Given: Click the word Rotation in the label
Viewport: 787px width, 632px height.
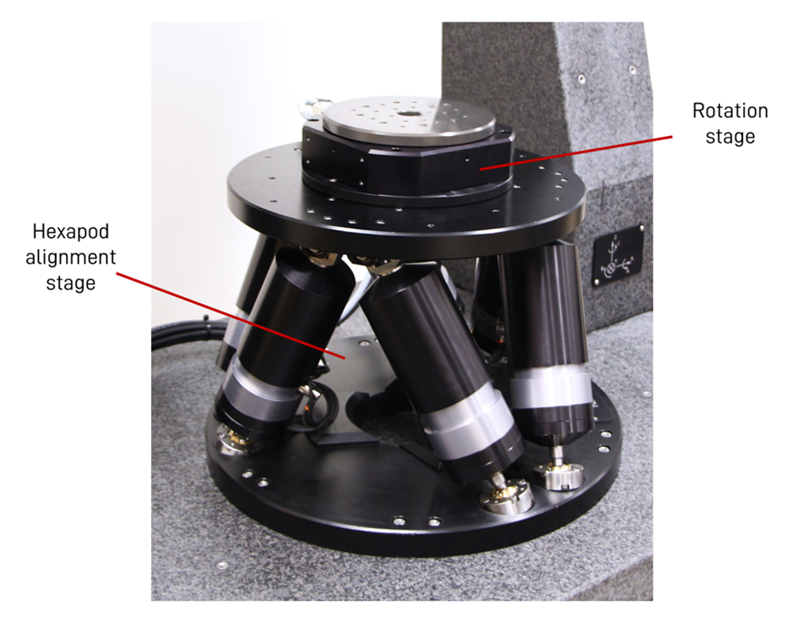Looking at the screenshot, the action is coord(730,111).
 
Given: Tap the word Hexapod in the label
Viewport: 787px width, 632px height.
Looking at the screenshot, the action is coord(71,232).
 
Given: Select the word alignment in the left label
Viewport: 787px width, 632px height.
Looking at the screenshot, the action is coord(71,257).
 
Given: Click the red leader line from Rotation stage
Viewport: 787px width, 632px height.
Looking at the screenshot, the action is coord(576,153).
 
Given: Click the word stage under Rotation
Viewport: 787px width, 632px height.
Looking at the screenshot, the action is coord(730,136).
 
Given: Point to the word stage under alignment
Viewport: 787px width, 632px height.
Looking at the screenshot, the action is coord(71,283).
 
